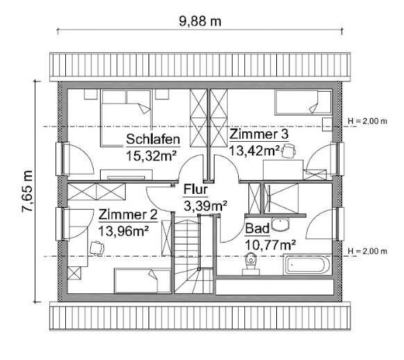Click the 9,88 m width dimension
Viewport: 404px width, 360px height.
199,21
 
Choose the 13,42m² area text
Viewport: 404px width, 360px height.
255,149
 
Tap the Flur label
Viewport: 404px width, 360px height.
195,190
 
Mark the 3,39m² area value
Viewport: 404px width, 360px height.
205,205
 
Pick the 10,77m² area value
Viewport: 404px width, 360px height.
271,243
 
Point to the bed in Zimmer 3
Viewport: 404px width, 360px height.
303,104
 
